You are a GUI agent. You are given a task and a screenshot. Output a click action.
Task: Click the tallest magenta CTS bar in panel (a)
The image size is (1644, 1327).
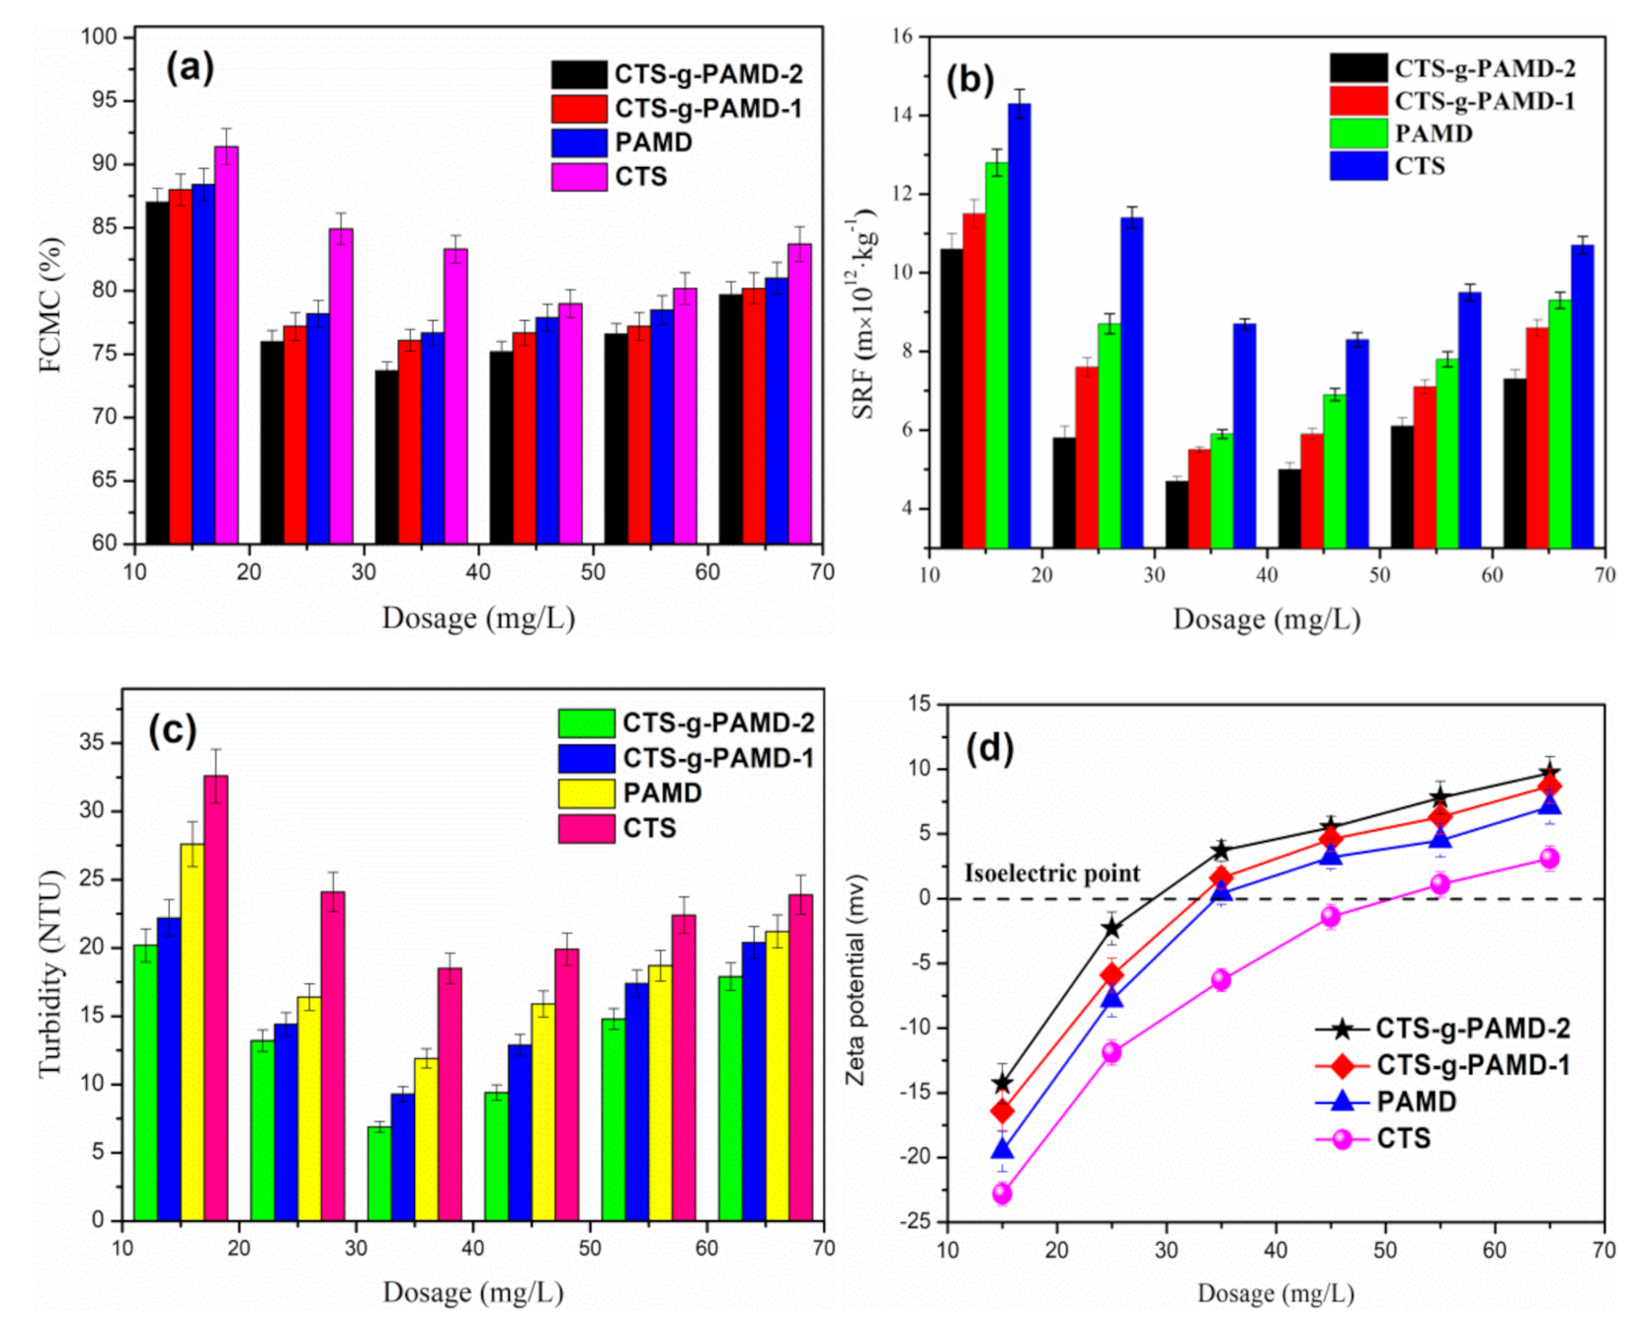point(226,345)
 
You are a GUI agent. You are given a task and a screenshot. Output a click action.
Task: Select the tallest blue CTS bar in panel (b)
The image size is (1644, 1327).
point(1019,325)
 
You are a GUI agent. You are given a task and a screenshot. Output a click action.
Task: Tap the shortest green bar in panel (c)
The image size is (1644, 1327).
point(379,1173)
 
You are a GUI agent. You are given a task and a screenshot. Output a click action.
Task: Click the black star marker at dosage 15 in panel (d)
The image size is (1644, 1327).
point(1002,1083)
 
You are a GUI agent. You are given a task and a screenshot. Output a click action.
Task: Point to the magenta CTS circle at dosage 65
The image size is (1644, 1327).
point(1549,859)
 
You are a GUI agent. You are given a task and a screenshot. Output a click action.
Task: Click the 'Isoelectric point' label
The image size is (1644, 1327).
point(1052,873)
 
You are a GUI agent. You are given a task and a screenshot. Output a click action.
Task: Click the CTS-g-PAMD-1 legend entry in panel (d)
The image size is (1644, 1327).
point(1443,1065)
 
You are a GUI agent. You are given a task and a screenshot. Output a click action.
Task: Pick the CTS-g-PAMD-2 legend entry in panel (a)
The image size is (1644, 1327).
point(677,74)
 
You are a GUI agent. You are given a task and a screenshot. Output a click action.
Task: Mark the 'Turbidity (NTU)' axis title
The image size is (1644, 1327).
point(49,974)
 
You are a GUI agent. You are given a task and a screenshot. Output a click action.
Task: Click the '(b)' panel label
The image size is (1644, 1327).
point(970,80)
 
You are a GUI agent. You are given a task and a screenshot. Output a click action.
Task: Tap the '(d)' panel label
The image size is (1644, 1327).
point(990,748)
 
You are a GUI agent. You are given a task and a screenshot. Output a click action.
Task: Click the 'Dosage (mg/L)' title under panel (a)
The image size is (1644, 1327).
point(478,619)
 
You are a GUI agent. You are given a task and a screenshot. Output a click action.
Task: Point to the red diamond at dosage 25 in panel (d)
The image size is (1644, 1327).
point(1111,975)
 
